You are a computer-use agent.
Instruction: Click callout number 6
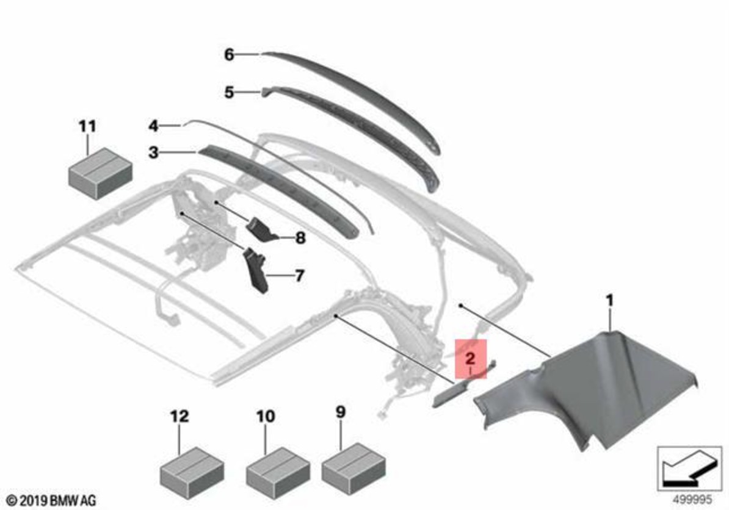point(229,55)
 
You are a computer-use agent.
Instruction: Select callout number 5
point(229,92)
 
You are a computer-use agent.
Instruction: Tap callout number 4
point(153,126)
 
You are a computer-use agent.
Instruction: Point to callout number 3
point(153,153)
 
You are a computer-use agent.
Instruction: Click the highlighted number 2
point(471,358)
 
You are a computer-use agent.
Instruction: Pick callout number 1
point(610,301)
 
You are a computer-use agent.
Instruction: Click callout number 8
point(301,239)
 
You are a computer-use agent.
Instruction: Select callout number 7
point(300,276)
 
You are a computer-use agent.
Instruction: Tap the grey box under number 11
point(100,174)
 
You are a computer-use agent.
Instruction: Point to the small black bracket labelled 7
point(256,271)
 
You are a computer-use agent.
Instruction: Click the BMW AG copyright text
point(52,501)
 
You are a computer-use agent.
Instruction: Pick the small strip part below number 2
point(463,384)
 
